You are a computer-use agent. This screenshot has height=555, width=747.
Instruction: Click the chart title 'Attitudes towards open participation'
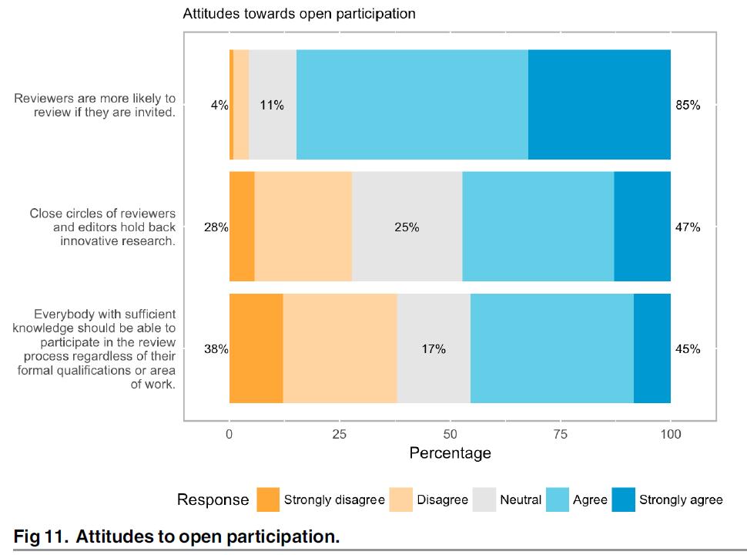click(x=299, y=14)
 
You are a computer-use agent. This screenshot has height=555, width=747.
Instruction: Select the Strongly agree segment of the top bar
click(x=599, y=105)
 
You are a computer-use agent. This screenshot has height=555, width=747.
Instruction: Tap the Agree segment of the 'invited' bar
click(x=412, y=105)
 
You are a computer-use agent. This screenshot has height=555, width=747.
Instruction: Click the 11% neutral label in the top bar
click(x=272, y=106)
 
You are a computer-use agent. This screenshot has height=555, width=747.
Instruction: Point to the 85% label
click(x=688, y=106)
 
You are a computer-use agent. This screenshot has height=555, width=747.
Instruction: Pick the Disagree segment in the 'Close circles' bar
click(x=303, y=227)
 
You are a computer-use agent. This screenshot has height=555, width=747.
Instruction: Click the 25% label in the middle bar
click(x=407, y=227)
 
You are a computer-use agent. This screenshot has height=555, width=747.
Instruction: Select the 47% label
click(x=688, y=227)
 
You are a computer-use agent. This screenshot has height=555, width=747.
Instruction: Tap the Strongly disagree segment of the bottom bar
click(x=256, y=348)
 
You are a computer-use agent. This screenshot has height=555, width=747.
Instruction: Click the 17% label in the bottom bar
click(x=434, y=349)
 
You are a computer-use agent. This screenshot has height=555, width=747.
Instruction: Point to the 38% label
click(x=216, y=349)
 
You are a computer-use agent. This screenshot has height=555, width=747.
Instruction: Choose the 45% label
click(x=688, y=349)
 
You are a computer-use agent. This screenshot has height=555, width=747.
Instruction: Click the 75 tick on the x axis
click(x=561, y=435)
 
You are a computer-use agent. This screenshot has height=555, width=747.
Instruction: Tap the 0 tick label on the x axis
click(x=229, y=435)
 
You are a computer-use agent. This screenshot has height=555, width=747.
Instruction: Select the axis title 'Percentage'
click(x=450, y=453)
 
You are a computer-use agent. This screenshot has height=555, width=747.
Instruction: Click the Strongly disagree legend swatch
click(x=268, y=499)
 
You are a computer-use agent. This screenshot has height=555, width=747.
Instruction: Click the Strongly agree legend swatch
click(x=624, y=499)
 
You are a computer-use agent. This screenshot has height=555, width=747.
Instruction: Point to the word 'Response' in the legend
click(x=213, y=499)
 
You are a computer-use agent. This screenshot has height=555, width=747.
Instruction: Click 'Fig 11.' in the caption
click(x=42, y=536)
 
